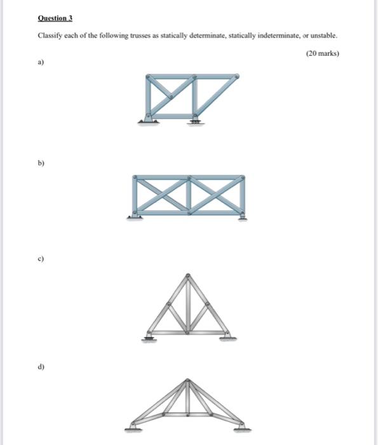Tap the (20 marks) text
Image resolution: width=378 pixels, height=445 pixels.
[x=322, y=54]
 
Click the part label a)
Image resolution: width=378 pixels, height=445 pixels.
[x=41, y=63]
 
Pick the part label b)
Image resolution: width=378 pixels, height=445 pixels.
[x=41, y=163]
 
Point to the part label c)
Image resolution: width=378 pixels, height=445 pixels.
[x=41, y=259]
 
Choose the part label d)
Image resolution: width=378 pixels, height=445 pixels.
[x=41, y=367]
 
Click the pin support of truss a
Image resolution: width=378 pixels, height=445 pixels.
[x=148, y=119]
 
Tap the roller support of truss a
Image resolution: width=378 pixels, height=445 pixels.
[x=195, y=119]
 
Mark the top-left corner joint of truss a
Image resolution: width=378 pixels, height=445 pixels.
[x=149, y=78]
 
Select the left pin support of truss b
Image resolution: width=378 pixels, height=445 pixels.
[x=133, y=216]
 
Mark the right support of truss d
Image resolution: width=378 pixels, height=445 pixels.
[x=242, y=427]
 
